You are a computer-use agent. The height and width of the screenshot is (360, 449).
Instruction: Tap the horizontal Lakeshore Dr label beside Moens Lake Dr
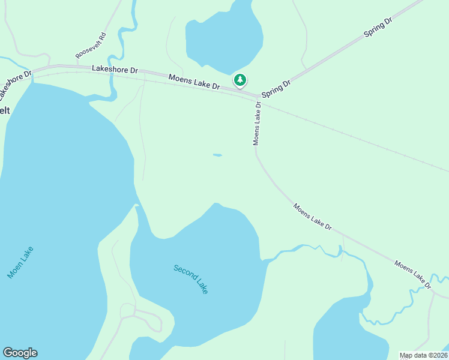[x=115, y=70]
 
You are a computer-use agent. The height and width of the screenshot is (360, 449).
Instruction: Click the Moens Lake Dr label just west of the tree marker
[x=194, y=82]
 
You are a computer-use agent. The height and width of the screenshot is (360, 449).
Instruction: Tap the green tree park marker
[x=240, y=80]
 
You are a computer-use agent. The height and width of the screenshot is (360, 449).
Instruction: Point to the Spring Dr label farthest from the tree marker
[x=378, y=28]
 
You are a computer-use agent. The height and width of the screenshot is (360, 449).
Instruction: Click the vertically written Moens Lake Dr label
[x=257, y=123]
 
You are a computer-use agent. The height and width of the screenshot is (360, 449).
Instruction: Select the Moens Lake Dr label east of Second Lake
[x=312, y=217]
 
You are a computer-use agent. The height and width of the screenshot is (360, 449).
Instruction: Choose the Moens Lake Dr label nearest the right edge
[x=413, y=274]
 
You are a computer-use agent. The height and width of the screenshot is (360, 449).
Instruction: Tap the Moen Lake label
[x=20, y=263]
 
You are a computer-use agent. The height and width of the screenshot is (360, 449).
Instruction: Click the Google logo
[x=20, y=353]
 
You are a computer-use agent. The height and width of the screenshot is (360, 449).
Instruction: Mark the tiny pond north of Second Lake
[x=217, y=155]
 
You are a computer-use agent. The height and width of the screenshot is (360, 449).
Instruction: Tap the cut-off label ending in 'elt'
[x=5, y=110]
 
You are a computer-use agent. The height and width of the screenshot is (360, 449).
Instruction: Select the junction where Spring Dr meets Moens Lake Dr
[x=259, y=96]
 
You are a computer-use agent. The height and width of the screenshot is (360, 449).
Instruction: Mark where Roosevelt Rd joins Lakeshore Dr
[x=78, y=65]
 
